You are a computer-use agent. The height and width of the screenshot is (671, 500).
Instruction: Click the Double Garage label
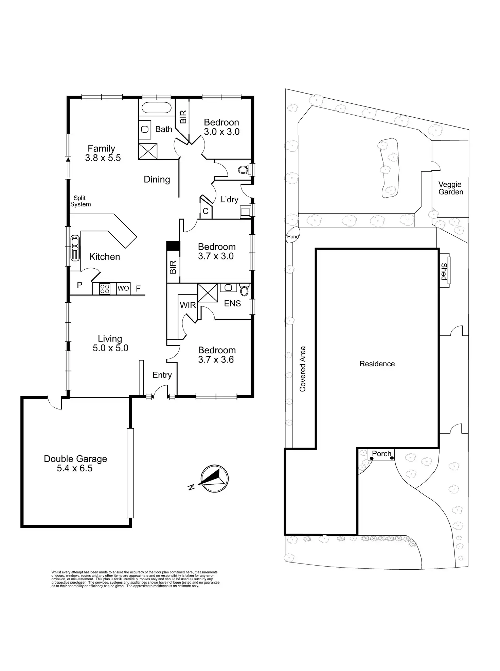click(75, 459)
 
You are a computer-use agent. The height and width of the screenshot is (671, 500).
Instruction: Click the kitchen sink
click(75, 248)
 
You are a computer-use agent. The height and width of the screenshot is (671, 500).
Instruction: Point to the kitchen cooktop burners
click(105, 289)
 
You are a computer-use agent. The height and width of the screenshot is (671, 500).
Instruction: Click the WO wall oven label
click(123, 288)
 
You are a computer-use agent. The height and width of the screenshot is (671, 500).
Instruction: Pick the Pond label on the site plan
click(293, 237)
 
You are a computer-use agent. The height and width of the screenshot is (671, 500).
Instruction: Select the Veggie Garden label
click(450, 188)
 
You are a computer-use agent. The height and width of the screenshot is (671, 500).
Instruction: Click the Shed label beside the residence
click(444, 271)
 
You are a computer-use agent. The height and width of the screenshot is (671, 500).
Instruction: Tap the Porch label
click(381, 454)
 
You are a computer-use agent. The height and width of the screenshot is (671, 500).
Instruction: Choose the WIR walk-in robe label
click(188, 305)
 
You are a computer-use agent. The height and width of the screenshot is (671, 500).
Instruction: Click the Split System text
click(81, 201)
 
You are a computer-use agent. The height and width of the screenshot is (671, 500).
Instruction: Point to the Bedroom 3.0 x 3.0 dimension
click(222, 132)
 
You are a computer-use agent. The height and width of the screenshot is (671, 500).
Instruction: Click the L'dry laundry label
click(229, 199)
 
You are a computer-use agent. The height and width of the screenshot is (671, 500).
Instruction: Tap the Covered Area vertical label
click(303, 369)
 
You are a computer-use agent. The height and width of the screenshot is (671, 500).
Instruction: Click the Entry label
click(162, 375)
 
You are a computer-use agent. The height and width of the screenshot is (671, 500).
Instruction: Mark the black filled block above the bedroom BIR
click(173, 246)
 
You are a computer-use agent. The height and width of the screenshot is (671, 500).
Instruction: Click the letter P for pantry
click(79, 285)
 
